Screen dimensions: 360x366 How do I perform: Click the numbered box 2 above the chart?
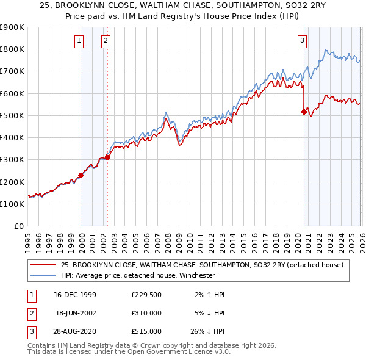pos(106,41)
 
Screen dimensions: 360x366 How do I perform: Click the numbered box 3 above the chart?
pos(302,41)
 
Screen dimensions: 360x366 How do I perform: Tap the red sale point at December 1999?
pos(81,175)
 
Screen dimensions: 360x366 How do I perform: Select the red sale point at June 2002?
pos(107,157)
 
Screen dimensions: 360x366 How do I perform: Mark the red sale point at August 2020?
pos(304,112)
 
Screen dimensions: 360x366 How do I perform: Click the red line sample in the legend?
pos(43,265)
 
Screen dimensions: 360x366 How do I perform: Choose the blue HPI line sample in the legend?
pos(43,275)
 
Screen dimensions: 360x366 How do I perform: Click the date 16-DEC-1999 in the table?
pos(76,295)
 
